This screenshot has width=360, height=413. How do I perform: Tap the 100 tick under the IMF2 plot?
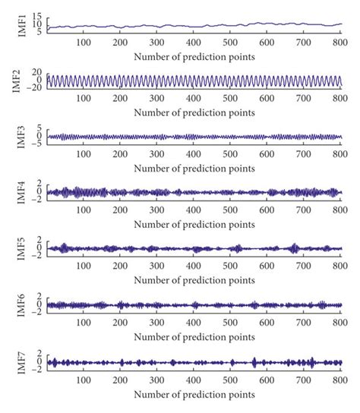click(x=83, y=99)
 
